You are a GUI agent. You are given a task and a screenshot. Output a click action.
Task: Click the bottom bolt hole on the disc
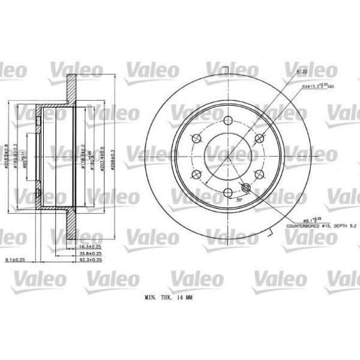click(x=228, y=192)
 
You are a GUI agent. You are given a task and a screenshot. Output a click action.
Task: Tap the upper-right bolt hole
click(x=259, y=139)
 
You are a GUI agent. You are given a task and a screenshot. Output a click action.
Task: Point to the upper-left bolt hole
click(x=197, y=139)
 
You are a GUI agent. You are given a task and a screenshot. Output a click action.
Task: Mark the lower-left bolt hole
click(x=197, y=175)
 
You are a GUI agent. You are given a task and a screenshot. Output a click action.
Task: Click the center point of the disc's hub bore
click(x=228, y=156)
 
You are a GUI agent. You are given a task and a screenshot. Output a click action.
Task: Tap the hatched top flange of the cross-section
click(x=71, y=90)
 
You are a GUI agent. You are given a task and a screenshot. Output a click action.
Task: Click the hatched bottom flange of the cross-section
click(x=71, y=222)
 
